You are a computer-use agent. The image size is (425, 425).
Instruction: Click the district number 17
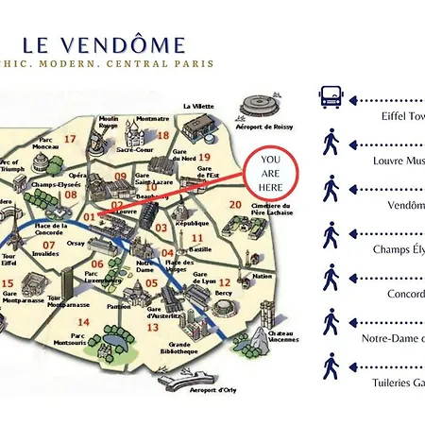click(x=69, y=139)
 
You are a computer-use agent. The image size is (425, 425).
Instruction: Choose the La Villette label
click(x=199, y=106)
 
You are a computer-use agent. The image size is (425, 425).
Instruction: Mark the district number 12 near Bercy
click(x=225, y=281)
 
